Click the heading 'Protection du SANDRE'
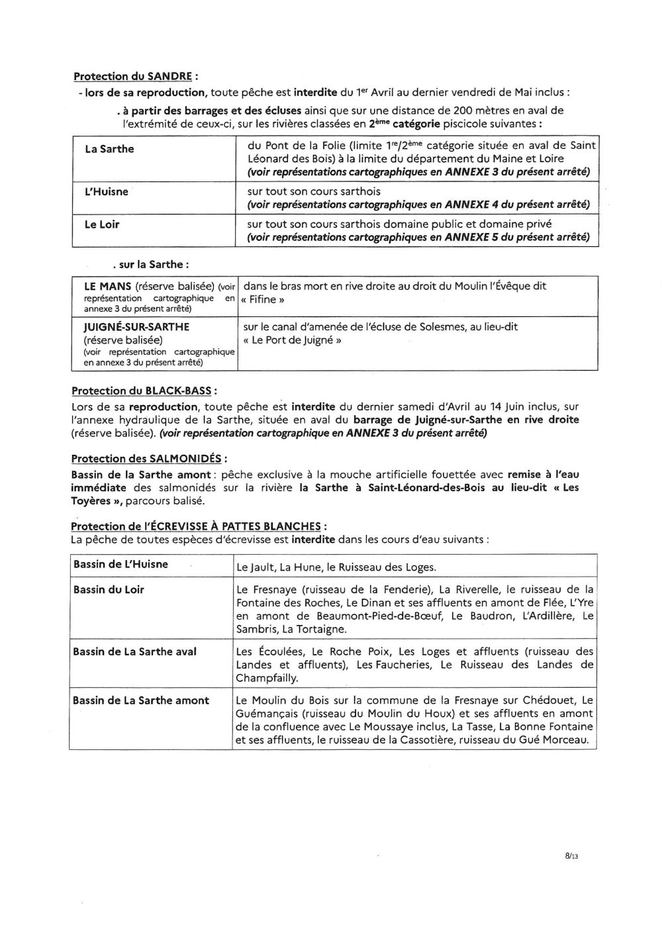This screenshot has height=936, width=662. click(x=135, y=77)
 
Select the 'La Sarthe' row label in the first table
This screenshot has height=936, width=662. click(x=109, y=149)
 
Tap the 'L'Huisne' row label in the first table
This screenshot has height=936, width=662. click(x=106, y=191)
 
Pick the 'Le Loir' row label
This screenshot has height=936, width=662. click(x=102, y=224)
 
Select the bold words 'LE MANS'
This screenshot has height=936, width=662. click(x=108, y=287)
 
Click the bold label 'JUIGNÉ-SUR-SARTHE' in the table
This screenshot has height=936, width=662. click(x=136, y=327)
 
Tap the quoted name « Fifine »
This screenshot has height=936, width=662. click(x=259, y=299)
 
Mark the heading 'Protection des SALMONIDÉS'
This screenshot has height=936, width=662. click(x=149, y=458)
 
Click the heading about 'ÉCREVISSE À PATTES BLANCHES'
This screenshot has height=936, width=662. click(x=199, y=526)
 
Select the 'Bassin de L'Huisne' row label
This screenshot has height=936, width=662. click(x=120, y=564)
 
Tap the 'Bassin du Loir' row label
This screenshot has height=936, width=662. click(x=109, y=589)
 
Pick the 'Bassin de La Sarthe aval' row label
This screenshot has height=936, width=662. click(x=134, y=651)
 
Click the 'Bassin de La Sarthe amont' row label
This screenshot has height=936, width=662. click(x=141, y=700)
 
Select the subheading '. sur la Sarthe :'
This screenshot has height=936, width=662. click(x=151, y=264)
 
